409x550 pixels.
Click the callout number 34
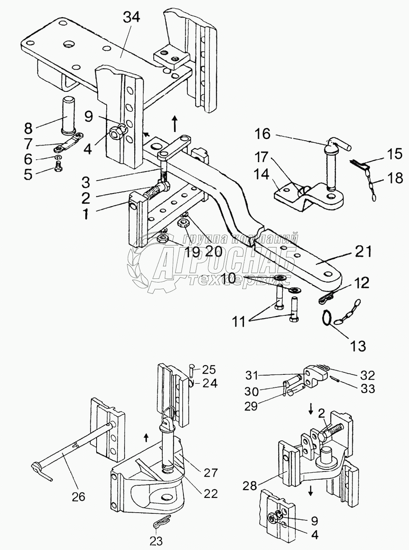click(x=132, y=17)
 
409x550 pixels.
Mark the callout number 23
click(x=156, y=541)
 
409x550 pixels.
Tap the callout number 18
click(x=394, y=178)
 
